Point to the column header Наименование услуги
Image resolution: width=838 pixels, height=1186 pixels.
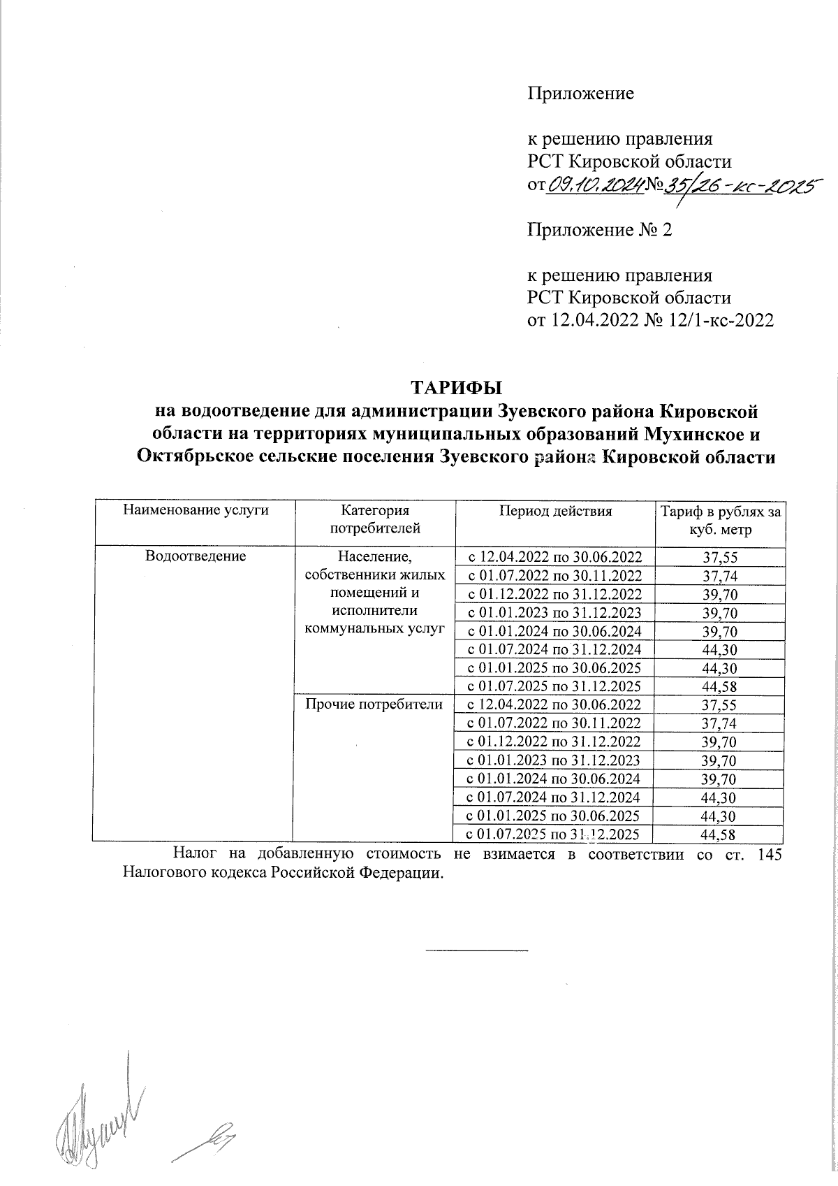pyautogui.click(x=196, y=511)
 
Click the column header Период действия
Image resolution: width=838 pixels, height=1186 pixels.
pyautogui.click(x=555, y=511)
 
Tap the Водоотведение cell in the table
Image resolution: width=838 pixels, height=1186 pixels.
pyautogui.click(x=195, y=556)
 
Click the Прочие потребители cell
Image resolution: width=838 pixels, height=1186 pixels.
pyautogui.click(x=375, y=704)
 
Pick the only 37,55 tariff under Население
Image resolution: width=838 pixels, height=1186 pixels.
pyautogui.click(x=720, y=557)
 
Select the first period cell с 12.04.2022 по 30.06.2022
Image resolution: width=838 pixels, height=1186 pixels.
pyautogui.click(x=554, y=557)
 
